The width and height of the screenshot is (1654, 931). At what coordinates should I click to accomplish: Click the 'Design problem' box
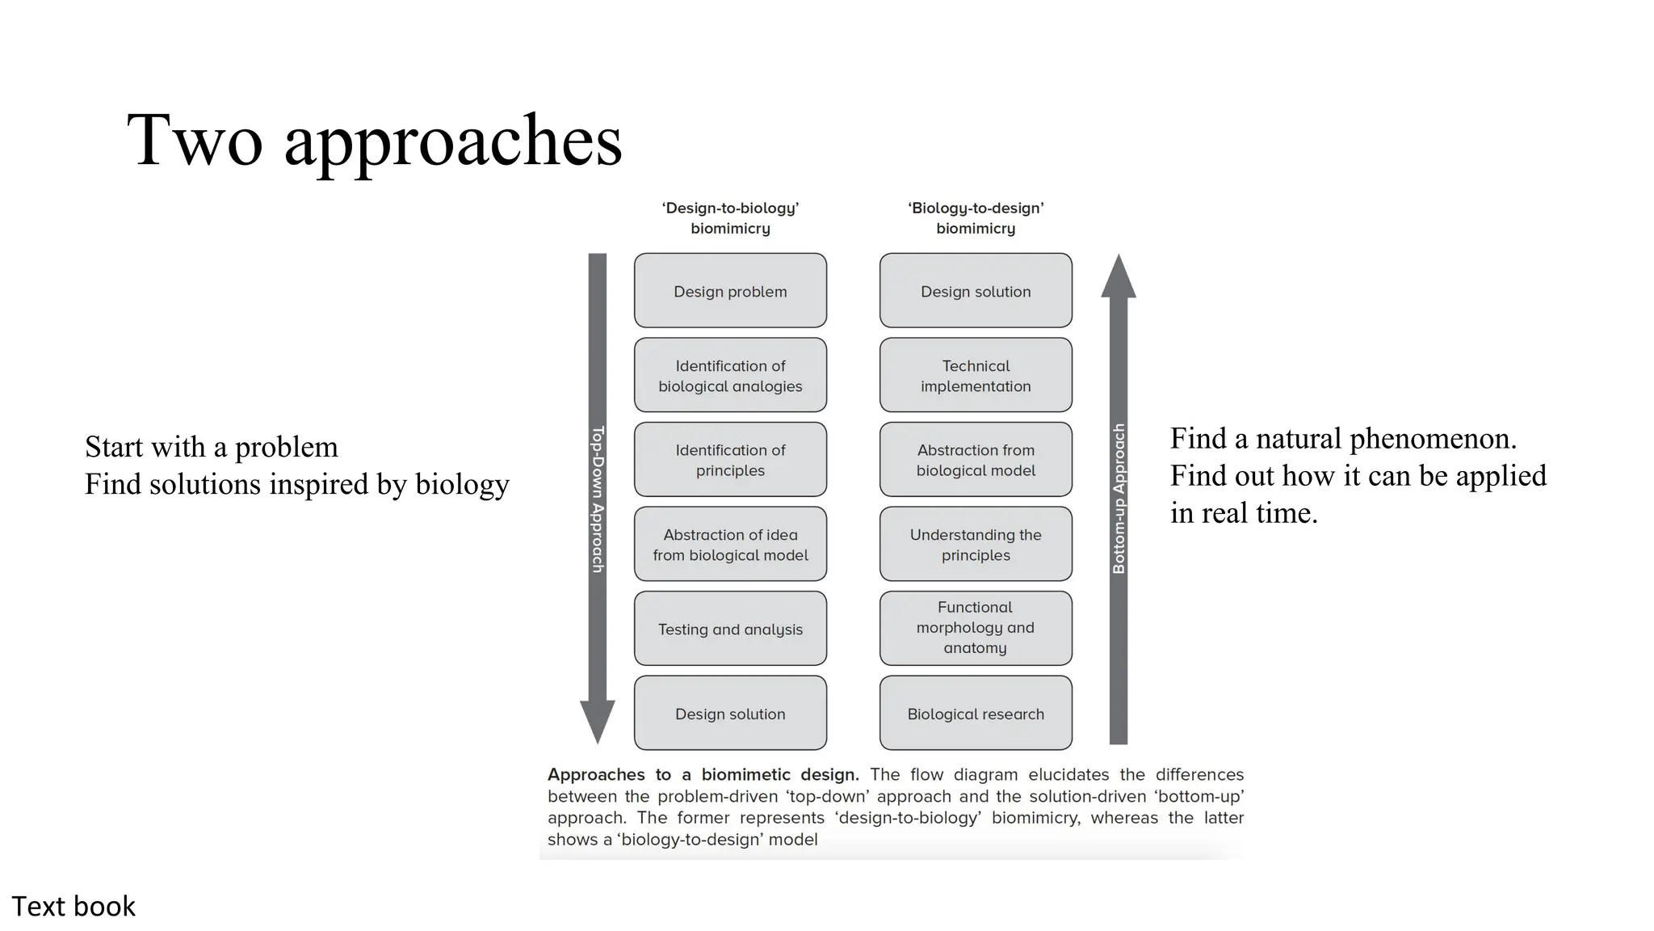(730, 291)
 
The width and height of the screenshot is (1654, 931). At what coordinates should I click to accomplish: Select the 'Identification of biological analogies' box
(730, 376)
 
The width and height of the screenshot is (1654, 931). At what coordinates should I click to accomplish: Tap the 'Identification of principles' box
(730, 460)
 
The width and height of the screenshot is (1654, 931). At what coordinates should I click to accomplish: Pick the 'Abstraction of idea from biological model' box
(730, 545)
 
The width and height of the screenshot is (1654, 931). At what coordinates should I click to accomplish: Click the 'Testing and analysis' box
(730, 629)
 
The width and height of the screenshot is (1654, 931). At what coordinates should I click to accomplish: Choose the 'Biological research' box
(976, 714)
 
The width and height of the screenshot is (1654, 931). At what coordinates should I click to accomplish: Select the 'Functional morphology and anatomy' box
(976, 628)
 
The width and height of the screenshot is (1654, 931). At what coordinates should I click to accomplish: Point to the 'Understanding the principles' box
(976, 545)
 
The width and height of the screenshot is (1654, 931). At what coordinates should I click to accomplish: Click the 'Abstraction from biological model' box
(976, 460)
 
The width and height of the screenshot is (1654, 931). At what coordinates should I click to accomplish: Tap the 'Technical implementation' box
(976, 376)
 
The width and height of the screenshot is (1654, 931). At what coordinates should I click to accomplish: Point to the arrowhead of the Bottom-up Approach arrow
(1119, 277)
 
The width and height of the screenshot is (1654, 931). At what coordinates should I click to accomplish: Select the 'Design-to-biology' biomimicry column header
(730, 218)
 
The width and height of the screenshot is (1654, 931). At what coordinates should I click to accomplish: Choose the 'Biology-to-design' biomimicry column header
(976, 218)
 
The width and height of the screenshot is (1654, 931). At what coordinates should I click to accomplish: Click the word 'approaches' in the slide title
(453, 142)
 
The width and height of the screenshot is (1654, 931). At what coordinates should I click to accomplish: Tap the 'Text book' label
(73, 907)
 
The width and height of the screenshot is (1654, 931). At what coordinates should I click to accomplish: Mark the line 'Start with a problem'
(212, 447)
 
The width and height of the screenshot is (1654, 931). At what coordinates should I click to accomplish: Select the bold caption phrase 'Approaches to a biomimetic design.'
(703, 775)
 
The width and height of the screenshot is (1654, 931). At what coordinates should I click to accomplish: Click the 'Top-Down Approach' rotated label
(598, 499)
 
